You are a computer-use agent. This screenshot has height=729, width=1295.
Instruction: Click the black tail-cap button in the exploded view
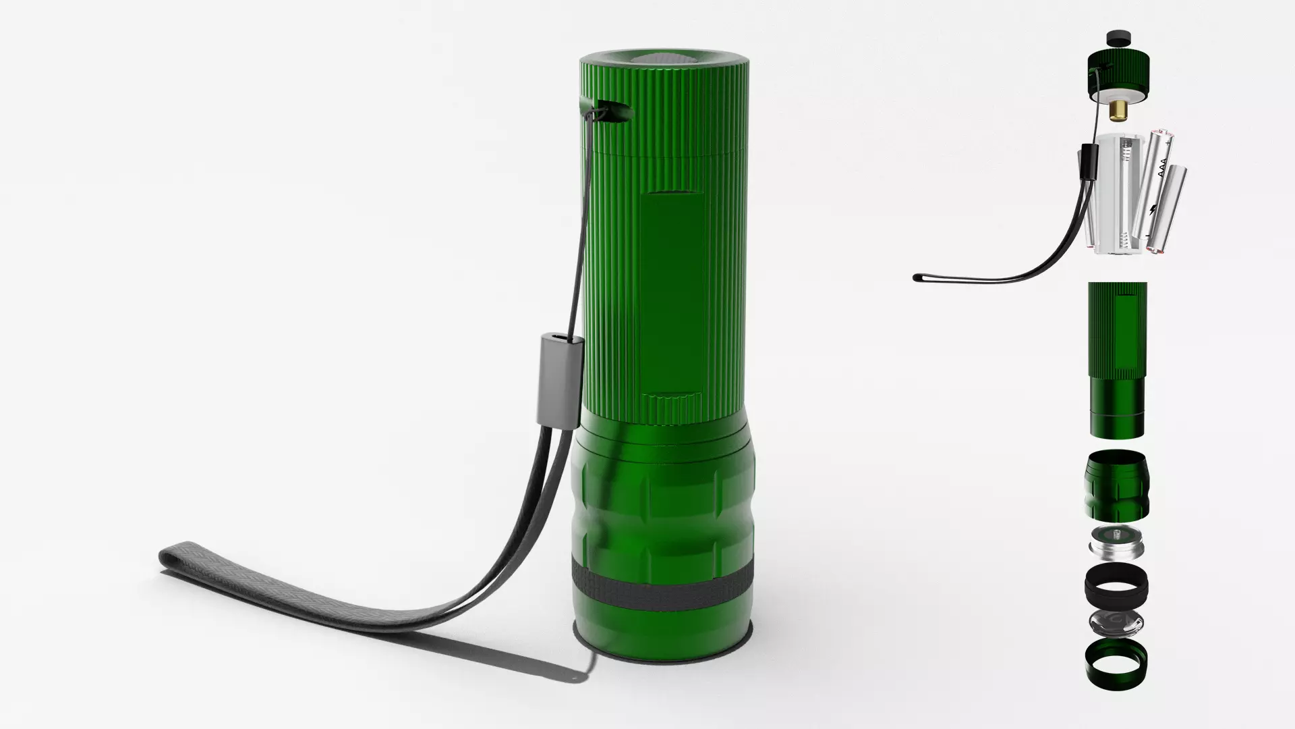coord(1118,38)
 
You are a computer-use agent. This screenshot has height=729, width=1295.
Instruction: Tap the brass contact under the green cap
coord(1118,108)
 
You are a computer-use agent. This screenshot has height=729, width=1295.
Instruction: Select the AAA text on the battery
coord(1162,169)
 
